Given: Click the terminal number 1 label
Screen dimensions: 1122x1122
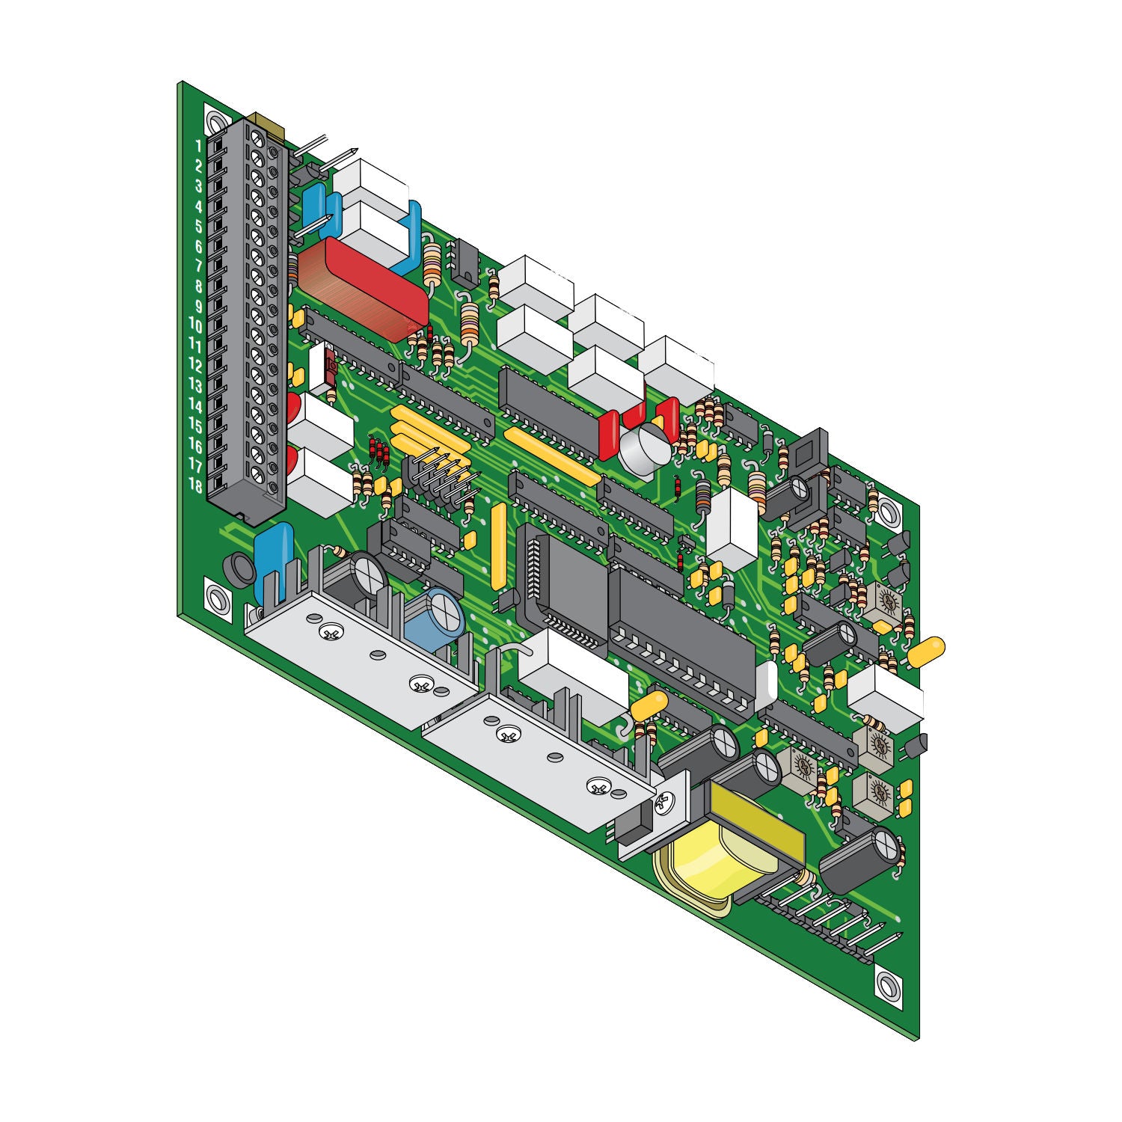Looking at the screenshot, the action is click(199, 146).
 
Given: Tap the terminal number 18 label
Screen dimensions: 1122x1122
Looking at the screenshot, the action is click(195, 485).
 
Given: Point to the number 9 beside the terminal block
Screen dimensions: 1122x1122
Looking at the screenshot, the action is click(199, 306).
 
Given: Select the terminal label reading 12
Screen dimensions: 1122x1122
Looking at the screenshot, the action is click(195, 366).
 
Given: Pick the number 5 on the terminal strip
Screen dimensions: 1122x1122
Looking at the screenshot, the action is click(199, 226).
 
